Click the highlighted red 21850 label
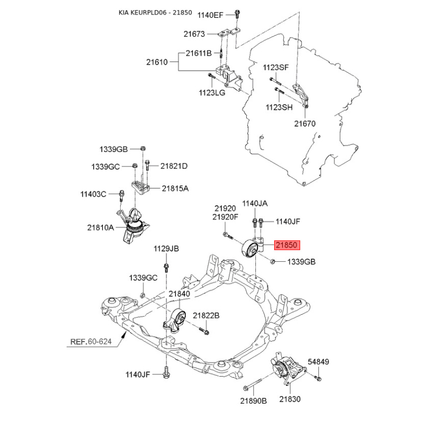[287, 245]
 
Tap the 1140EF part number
[210, 15]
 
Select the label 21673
[194, 34]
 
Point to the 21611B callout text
[198, 53]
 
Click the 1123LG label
[212, 93]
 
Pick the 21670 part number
[305, 124]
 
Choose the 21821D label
[174, 166]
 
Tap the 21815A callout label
[175, 188]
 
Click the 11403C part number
[93, 194]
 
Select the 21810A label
[100, 227]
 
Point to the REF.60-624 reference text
[91, 342]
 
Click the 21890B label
[253, 401]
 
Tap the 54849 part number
[318, 362]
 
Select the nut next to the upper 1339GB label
[143, 149]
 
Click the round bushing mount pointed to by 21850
[249, 249]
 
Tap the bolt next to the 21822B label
[204, 331]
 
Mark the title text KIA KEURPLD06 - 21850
[155, 12]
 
